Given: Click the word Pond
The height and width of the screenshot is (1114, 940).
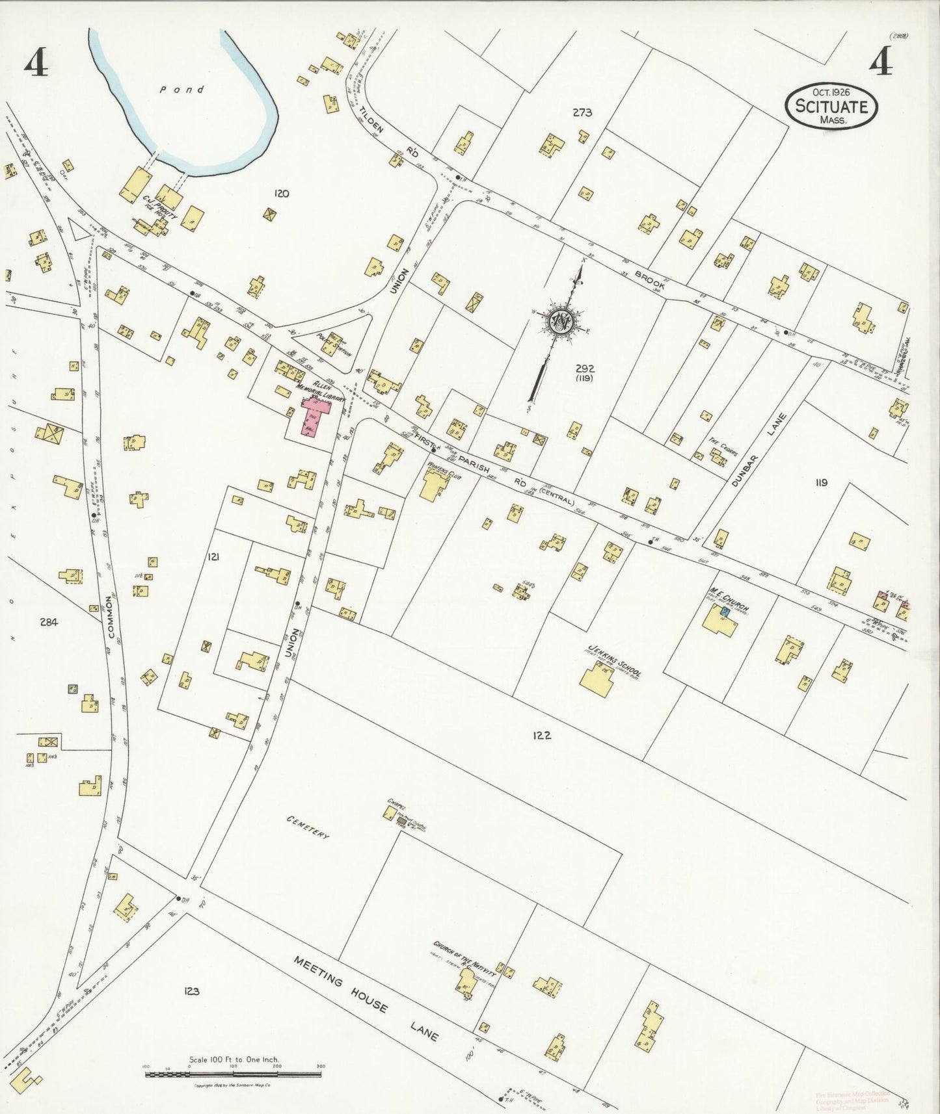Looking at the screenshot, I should [x=182, y=90].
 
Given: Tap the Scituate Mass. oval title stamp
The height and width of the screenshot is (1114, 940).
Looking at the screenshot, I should [x=831, y=106].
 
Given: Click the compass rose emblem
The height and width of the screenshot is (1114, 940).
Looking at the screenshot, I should [x=561, y=320].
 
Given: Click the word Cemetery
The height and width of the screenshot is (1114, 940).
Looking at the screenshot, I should [x=307, y=829].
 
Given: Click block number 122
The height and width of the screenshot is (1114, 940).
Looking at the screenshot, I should [x=541, y=736].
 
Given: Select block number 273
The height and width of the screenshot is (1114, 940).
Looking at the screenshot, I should [x=582, y=112].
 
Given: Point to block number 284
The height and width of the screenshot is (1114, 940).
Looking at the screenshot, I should [x=48, y=622].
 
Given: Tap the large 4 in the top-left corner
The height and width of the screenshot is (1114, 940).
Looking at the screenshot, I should [x=37, y=64].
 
